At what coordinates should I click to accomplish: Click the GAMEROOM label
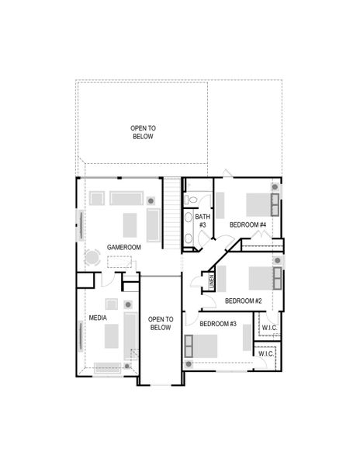[x=124, y=246]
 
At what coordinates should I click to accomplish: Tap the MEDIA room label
[x=98, y=318]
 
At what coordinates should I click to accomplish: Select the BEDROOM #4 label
[x=248, y=225]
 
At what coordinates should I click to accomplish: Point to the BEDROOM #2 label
[x=244, y=301]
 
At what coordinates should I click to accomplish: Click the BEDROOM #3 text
[x=218, y=324]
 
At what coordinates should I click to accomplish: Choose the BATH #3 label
[x=202, y=221]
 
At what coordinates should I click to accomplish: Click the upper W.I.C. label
[x=269, y=329]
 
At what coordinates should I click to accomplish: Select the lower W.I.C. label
[x=265, y=354]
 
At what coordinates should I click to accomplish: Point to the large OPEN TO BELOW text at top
[x=143, y=132]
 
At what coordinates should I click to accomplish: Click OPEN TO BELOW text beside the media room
[x=160, y=323]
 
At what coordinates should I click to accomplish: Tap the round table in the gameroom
[x=92, y=257]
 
